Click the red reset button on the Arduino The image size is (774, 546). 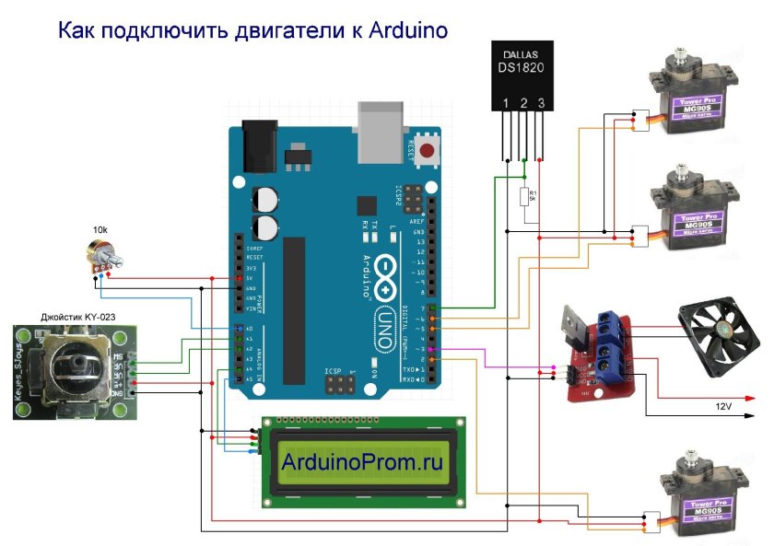[x=427, y=150]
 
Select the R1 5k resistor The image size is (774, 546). [x=524, y=196]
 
